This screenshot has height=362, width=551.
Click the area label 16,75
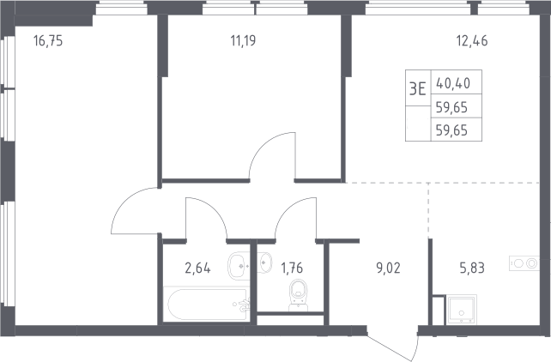tap(48, 41)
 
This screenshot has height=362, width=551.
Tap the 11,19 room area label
tap(243, 41)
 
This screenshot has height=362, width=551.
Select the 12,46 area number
tap(472, 41)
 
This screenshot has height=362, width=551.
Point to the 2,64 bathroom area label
tap(197, 268)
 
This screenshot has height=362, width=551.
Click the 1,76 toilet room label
tap(292, 268)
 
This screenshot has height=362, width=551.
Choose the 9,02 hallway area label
tap(388, 268)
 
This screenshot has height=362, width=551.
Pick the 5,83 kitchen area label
tap(472, 268)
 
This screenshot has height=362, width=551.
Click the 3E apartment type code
tap(418, 89)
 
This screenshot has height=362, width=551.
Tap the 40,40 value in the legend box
tap(453, 83)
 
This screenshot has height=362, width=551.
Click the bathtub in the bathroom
tap(208, 304)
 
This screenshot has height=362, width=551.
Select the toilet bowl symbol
tap(299, 294)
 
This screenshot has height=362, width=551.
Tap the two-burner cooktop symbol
tap(524, 263)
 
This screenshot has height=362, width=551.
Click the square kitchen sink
tap(462, 310)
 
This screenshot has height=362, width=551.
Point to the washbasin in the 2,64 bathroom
tap(239, 266)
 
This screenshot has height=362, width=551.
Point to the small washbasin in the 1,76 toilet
tap(265, 262)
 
